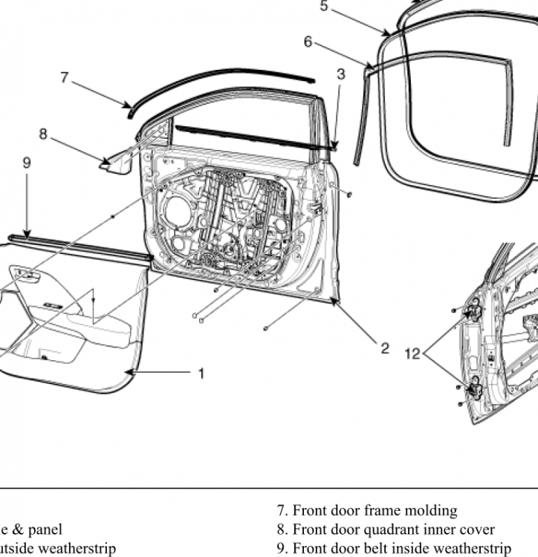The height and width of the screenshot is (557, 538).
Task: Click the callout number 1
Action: pos(201,374)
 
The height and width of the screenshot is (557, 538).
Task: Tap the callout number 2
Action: pos(385,348)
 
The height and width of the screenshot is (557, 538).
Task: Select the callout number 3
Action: pos(340,74)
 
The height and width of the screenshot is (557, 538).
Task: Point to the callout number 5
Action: pos(323,6)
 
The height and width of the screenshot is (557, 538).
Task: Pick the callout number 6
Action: pos(308,42)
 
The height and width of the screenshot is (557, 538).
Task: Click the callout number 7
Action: pos(65,76)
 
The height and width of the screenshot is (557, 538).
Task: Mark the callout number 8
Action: pos(43,134)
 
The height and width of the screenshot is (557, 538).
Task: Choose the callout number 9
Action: pos(27,162)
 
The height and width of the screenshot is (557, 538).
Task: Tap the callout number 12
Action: pos(412,354)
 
